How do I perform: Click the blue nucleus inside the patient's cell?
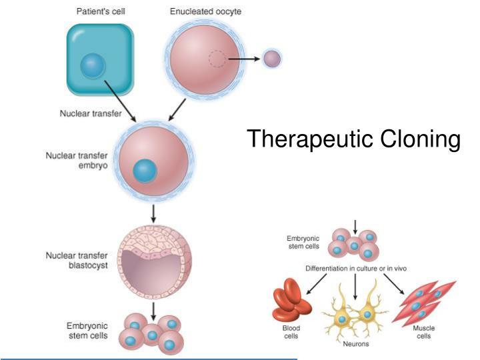coord(93,66)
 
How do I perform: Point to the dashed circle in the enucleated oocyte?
coord(217,59)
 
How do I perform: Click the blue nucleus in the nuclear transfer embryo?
coord(144,171)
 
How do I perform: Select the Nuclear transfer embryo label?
coord(77,161)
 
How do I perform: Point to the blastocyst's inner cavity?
coord(153,271)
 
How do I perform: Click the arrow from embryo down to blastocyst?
coord(154,213)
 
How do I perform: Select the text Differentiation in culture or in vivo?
coord(356,268)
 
